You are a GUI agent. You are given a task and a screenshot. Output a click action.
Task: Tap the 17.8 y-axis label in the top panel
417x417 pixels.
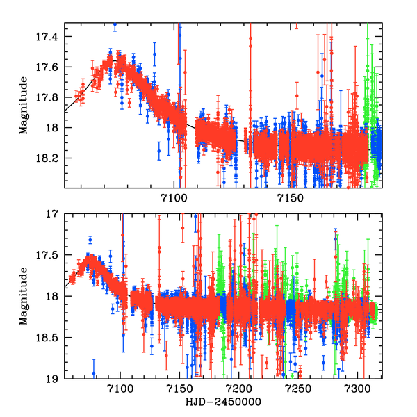click(51, 97)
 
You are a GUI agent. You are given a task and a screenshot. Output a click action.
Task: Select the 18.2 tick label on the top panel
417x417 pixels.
click(51, 158)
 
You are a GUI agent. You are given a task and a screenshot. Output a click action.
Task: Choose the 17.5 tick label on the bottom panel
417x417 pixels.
click(51, 255)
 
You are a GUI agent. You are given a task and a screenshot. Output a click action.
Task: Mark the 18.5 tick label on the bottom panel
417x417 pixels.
click(51, 338)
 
